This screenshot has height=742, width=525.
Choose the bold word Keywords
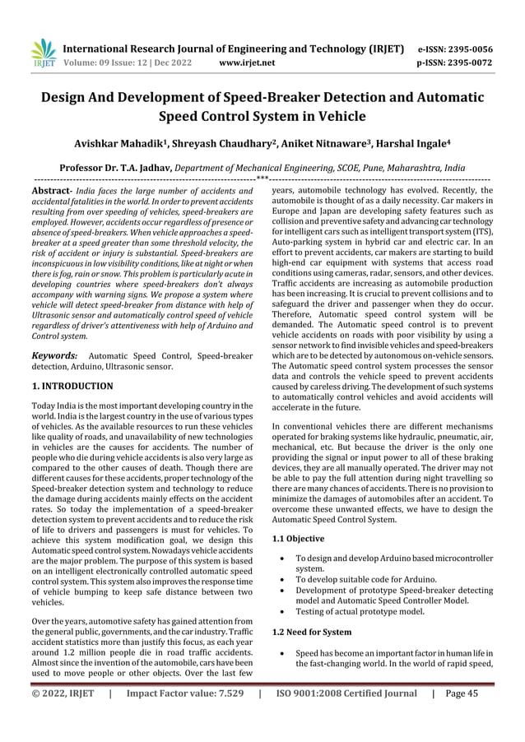[50, 355]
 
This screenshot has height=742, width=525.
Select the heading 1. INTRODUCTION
[72, 385]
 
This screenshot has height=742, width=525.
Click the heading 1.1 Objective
[298, 539]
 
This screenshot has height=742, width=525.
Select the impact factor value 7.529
[226, 716]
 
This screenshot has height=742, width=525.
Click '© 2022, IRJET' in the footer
[62, 716]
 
